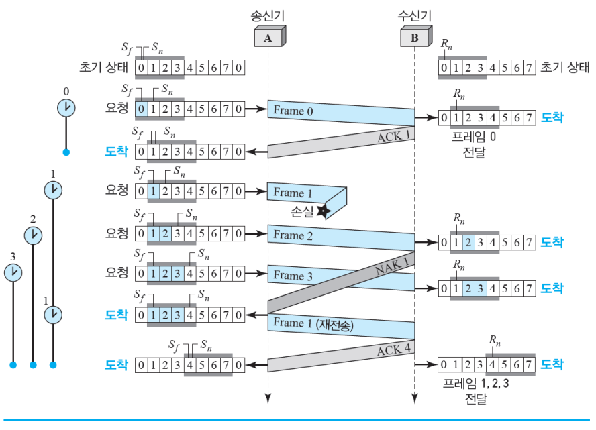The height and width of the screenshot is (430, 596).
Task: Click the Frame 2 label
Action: pyautogui.click(x=293, y=235)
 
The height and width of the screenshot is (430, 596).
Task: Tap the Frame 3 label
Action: pyautogui.click(x=293, y=276)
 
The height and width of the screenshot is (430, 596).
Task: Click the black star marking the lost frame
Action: pyautogui.click(x=323, y=211)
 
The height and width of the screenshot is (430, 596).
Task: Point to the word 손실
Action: pyautogui.click(x=300, y=211)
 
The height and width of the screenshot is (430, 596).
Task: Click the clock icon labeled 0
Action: pyautogui.click(x=66, y=107)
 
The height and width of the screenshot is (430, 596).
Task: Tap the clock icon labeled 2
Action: pyautogui.click(x=32, y=235)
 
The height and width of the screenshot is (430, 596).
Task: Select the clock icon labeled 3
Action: pyautogui.click(x=12, y=272)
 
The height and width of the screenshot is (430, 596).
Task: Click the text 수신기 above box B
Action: pyautogui.click(x=414, y=13)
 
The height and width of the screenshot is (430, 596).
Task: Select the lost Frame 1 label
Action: pyautogui.click(x=293, y=193)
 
